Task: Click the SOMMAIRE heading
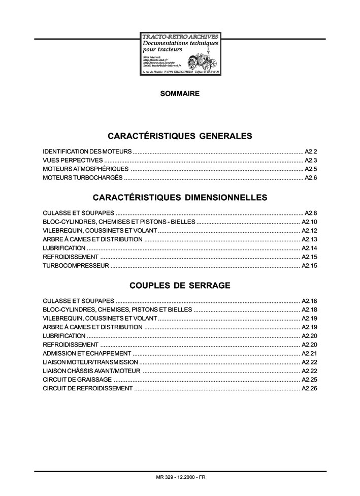tap(180, 94)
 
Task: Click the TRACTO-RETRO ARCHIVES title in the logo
tap(180, 37)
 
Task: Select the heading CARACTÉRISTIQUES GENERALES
tap(180, 136)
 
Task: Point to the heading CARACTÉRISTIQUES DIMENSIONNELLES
tap(180, 197)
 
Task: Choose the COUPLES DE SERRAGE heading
tap(180, 286)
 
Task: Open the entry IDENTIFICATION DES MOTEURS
tap(87, 151)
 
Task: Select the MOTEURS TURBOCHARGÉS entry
tap(83, 177)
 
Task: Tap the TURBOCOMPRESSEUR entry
tap(76, 266)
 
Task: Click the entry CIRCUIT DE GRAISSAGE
tap(77, 380)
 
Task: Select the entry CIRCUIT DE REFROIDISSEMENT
tap(87, 388)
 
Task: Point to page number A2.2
tap(311, 151)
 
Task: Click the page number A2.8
tap(311, 212)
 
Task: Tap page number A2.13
tap(309, 239)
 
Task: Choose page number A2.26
tap(309, 388)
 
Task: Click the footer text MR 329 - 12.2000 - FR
tap(181, 477)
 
